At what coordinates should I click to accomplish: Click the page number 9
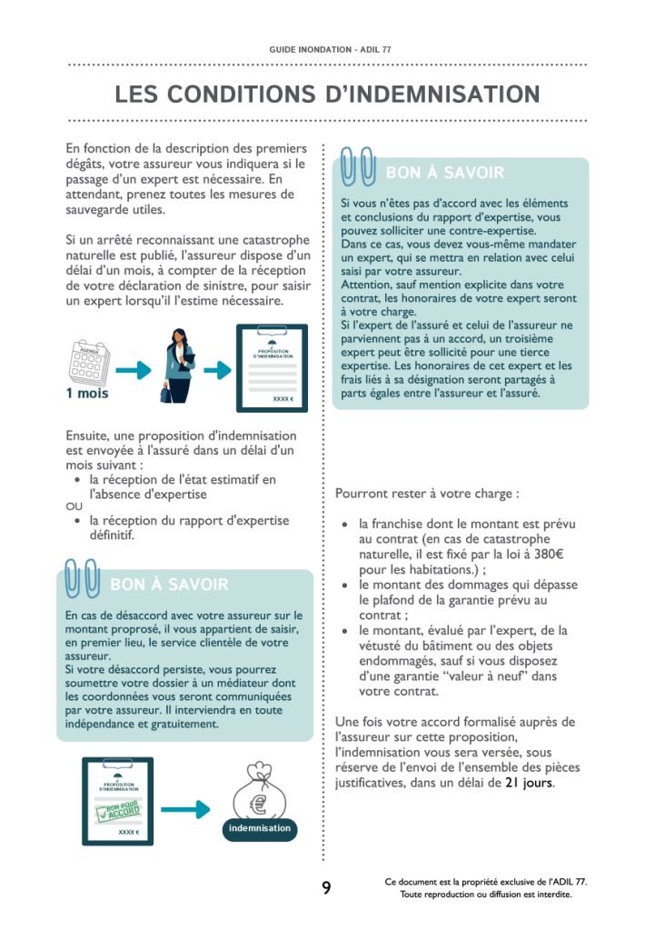pyautogui.click(x=326, y=888)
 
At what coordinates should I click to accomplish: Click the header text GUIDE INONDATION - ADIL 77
pyautogui.click(x=327, y=48)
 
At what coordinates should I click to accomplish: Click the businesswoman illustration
pyautogui.click(x=180, y=365)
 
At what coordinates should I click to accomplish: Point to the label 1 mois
pyautogui.click(x=86, y=394)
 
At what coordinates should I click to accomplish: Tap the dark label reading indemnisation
pyautogui.click(x=259, y=828)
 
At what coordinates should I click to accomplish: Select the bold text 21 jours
pyautogui.click(x=529, y=782)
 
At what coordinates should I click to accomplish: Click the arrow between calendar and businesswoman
pyautogui.click(x=134, y=370)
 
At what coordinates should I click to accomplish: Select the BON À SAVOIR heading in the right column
pyautogui.click(x=445, y=173)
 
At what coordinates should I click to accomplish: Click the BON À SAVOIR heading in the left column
pyautogui.click(x=169, y=585)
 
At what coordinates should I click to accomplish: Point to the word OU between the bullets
pyautogui.click(x=73, y=507)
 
